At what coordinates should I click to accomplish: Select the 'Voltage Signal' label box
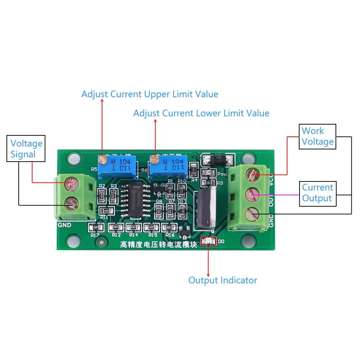coord(26,149)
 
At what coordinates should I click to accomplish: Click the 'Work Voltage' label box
coord(318,136)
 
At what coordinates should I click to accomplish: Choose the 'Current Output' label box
coord(318,193)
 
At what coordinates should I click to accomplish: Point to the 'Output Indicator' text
coord(222,280)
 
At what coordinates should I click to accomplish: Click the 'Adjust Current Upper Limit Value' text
coord(150,94)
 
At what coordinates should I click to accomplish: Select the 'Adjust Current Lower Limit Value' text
coord(201,113)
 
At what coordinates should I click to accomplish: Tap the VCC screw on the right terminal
coord(251,175)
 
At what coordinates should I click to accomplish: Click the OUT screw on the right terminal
coord(251,195)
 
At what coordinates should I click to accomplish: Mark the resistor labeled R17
coord(96,227)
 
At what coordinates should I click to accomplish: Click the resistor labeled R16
coord(169,227)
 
